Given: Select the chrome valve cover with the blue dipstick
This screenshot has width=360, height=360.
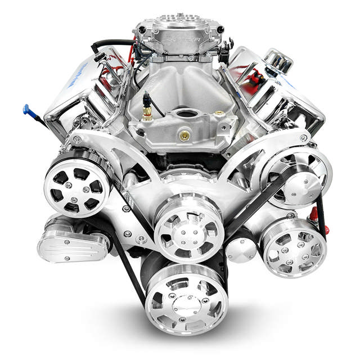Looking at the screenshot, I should [79, 90].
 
